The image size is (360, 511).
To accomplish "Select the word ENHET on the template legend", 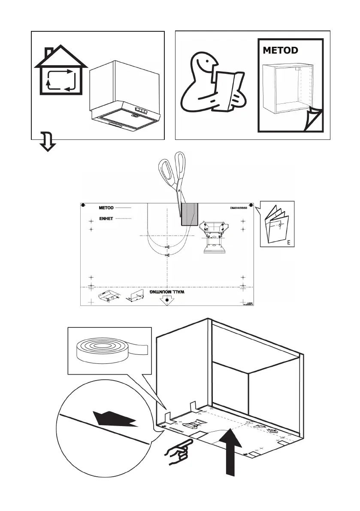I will (x=106, y=218).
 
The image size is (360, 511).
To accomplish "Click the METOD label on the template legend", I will (x=106, y=208).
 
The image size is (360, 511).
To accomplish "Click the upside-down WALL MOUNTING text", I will (x=167, y=291).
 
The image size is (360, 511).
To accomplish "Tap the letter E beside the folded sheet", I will (x=289, y=242).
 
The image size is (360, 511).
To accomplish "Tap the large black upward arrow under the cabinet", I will (x=230, y=451).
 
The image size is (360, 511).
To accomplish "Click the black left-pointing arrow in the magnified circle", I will (x=114, y=418).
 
